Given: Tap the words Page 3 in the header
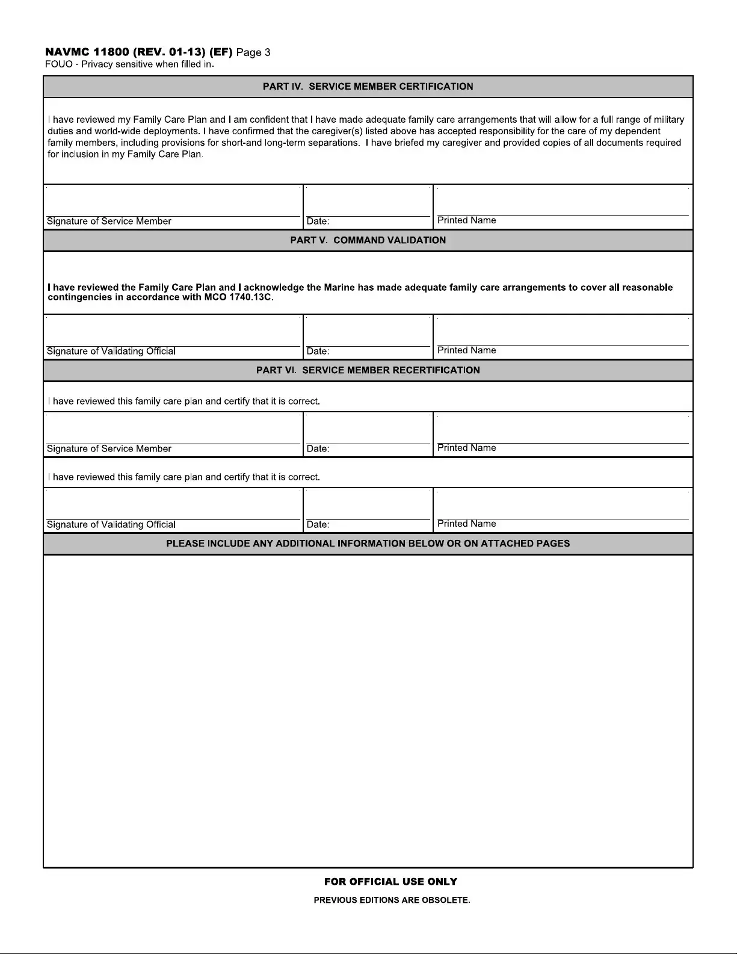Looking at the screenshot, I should point(253,52).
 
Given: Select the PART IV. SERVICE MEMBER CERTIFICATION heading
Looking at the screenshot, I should point(368,87).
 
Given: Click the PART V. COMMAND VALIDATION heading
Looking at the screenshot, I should point(368,240).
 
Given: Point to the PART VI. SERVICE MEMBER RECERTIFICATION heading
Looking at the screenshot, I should point(368,370).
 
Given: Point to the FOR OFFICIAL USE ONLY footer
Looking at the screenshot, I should point(390,882).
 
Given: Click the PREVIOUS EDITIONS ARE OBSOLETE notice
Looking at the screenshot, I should point(392,900).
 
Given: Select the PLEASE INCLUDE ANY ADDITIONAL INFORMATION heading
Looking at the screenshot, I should point(368,544).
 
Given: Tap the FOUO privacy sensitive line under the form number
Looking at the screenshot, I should point(129,64).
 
